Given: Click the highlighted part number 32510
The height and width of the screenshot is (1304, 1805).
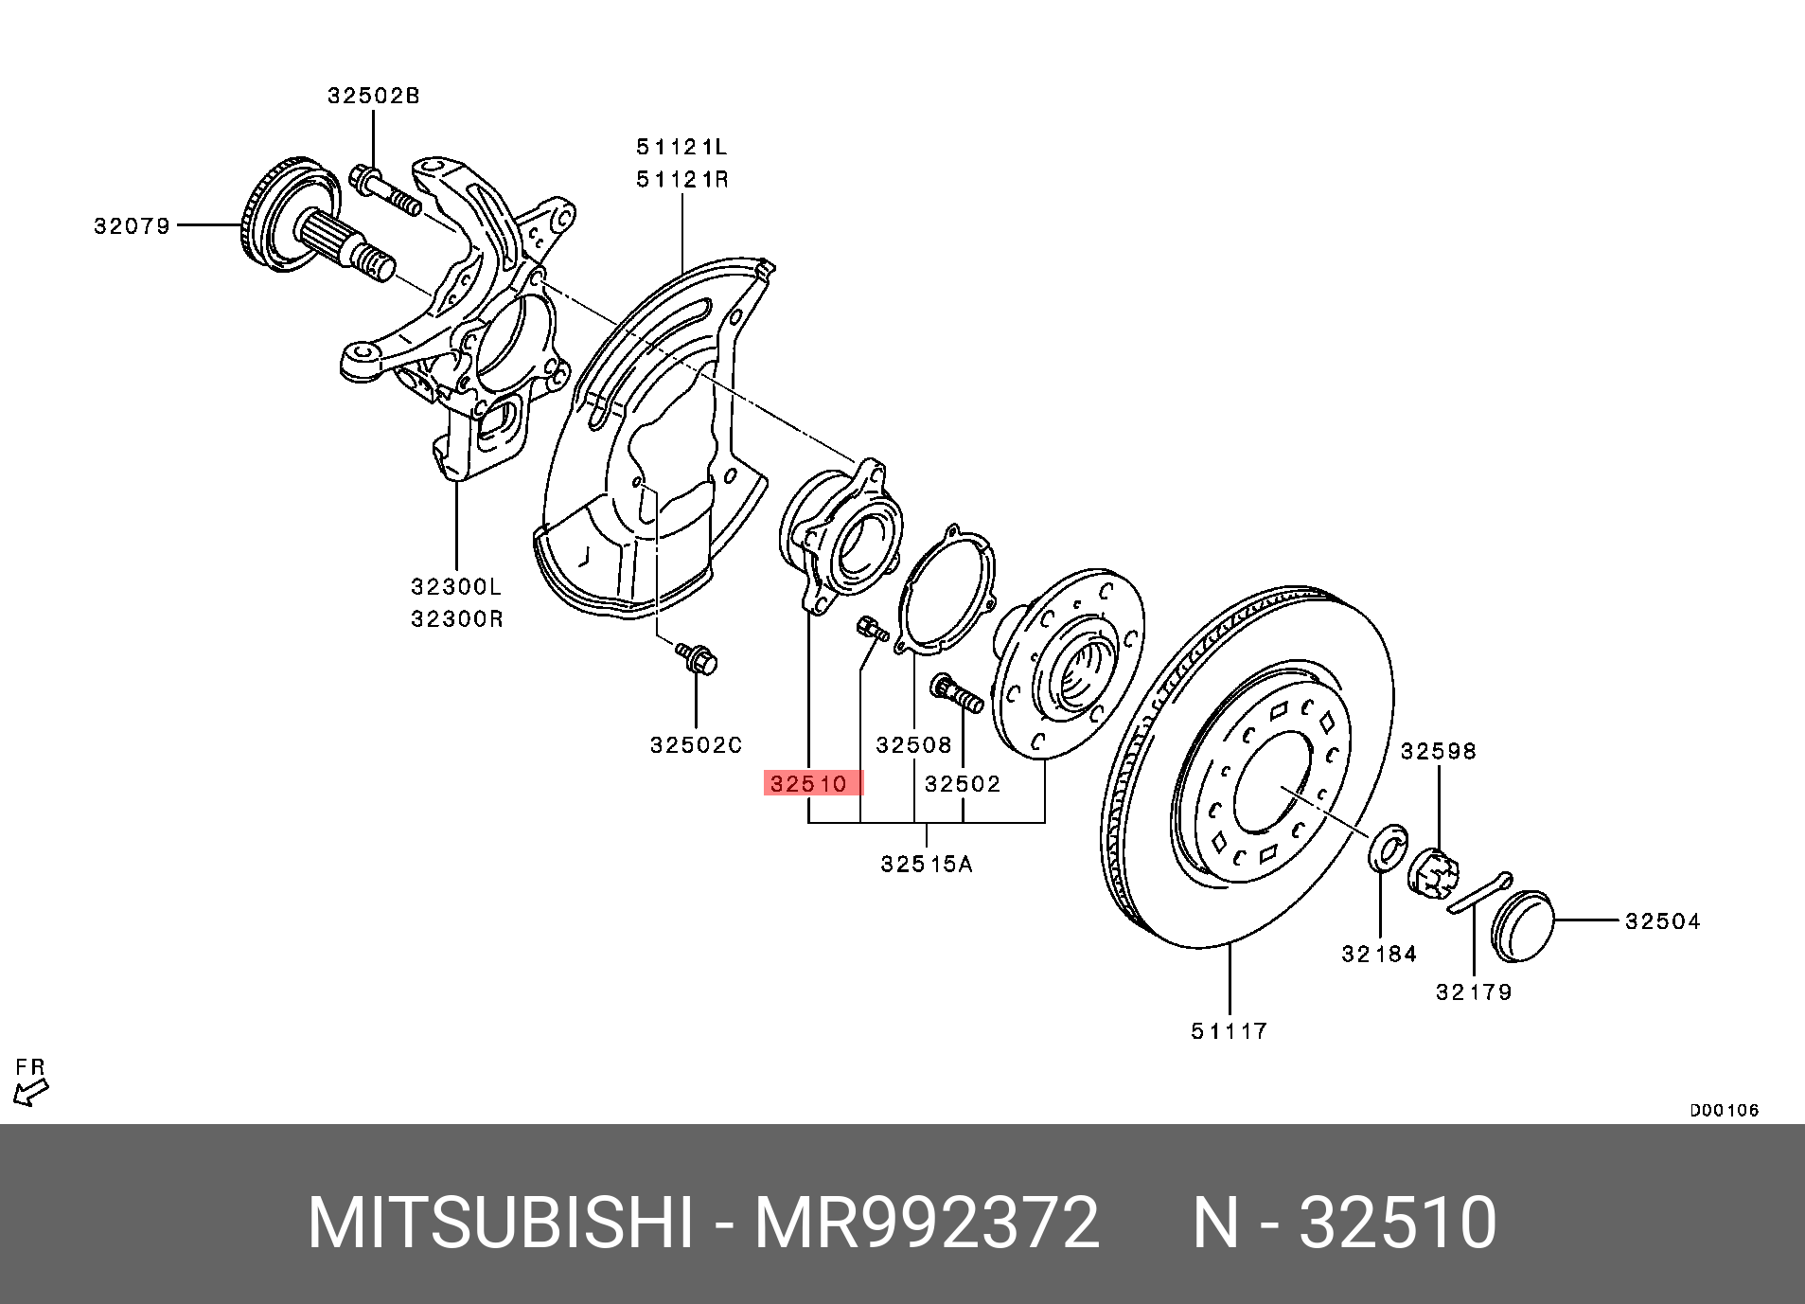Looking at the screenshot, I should (x=810, y=784).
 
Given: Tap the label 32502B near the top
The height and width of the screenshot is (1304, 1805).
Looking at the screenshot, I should (x=373, y=96).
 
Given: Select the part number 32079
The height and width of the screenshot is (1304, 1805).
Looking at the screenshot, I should (x=132, y=226).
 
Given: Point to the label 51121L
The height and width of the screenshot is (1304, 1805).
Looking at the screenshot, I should (x=681, y=147).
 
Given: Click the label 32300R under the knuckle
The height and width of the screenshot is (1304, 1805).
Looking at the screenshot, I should (x=456, y=619).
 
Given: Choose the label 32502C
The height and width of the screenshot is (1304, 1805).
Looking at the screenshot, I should (x=696, y=745).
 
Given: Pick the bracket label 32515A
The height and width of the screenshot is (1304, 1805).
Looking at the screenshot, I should (x=926, y=864).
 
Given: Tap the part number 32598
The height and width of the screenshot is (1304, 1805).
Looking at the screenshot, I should (x=1438, y=751).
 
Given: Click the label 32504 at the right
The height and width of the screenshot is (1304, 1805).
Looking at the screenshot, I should (x=1662, y=921).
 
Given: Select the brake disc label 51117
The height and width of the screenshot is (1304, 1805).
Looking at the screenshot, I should (x=1229, y=1031).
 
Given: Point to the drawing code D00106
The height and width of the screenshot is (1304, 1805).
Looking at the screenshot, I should (x=1724, y=1110).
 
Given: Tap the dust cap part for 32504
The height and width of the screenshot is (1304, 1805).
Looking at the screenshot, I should (x=1522, y=925).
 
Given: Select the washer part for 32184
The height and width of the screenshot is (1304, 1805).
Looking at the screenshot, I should (x=1388, y=848).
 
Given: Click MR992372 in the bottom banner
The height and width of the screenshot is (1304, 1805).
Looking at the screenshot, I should (x=926, y=1223).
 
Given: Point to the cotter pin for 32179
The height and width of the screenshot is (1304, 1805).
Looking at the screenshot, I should (x=1479, y=893).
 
